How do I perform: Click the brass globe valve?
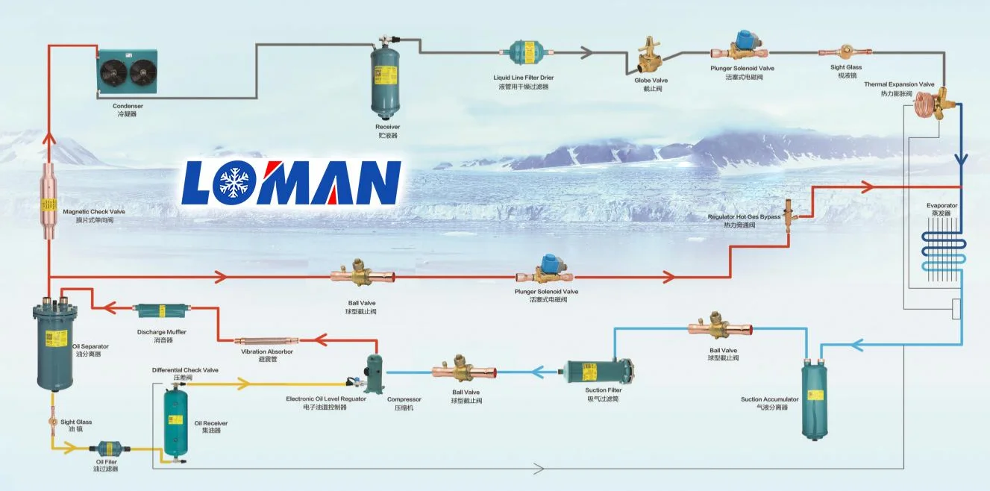(646, 58)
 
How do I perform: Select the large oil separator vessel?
(51, 344)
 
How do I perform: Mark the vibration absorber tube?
(266, 340)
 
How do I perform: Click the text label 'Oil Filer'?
(106, 462)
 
